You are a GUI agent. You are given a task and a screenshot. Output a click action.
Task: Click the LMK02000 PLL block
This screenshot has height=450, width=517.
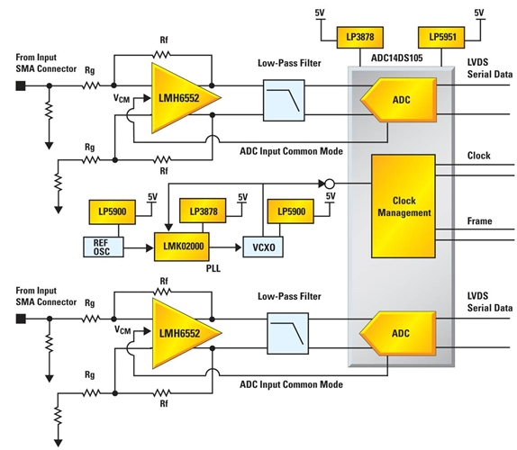(x=182, y=247)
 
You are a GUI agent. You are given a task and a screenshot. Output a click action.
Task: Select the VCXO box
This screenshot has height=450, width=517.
(x=263, y=247)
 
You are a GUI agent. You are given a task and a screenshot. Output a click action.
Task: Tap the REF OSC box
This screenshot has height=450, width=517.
(x=104, y=247)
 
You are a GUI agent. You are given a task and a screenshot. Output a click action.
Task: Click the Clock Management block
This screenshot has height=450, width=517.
(x=404, y=206)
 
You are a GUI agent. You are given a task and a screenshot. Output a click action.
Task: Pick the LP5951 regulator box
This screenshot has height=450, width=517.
(x=441, y=37)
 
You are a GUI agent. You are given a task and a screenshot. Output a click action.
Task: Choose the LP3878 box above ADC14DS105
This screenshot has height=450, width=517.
(x=360, y=37)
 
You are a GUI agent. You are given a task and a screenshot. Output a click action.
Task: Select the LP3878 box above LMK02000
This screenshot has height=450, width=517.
(x=203, y=211)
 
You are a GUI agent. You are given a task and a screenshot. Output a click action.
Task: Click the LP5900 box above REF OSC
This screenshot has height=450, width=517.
(x=113, y=211)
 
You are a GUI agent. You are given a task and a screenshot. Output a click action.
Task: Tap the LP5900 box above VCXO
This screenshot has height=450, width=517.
(x=291, y=211)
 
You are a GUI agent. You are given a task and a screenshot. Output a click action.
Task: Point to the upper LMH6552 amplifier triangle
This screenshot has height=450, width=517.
(x=180, y=98)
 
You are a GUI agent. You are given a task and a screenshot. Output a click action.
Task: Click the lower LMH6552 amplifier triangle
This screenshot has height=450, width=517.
(x=180, y=333)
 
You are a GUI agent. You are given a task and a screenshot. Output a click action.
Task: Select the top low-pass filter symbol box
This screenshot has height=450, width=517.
(x=284, y=100)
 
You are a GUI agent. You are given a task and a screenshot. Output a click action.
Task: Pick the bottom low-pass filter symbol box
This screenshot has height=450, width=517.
(x=288, y=333)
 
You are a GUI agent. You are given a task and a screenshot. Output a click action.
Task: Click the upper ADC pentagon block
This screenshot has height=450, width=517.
(x=399, y=100)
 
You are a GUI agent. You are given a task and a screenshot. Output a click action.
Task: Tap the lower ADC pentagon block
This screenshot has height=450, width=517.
(x=398, y=333)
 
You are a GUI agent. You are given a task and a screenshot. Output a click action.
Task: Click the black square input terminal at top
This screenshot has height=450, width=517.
(x=21, y=86)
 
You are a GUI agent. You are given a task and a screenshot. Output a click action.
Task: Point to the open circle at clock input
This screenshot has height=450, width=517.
(x=330, y=184)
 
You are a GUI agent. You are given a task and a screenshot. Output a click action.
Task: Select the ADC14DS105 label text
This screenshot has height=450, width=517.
(x=397, y=58)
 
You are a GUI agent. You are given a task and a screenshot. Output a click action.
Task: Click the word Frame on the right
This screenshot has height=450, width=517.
(x=480, y=220)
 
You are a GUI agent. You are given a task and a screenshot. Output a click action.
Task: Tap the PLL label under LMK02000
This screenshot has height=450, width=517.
(x=213, y=268)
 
